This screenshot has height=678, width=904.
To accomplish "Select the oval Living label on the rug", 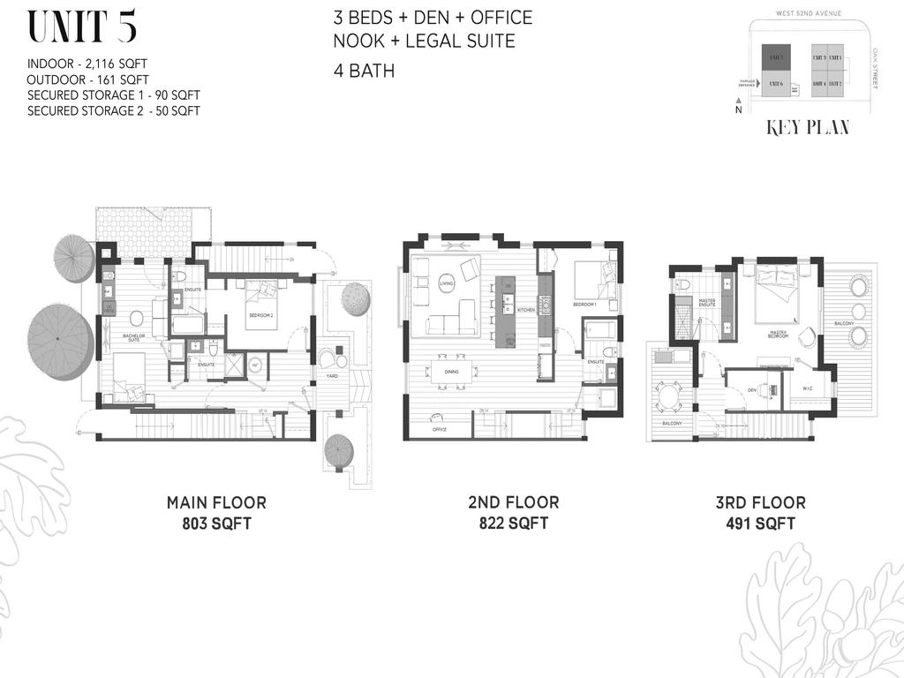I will pyautogui.click(x=447, y=282).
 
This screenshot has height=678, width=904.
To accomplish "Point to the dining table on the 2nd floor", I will pyautogui.click(x=451, y=372).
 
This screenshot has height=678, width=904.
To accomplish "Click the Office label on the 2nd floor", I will pyautogui.click(x=439, y=429).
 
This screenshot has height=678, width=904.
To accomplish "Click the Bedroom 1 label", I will pyautogui.click(x=584, y=305).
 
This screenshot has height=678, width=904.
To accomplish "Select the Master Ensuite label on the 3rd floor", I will pyautogui.click(x=707, y=302).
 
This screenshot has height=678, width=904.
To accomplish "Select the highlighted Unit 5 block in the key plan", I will pyautogui.click(x=776, y=58).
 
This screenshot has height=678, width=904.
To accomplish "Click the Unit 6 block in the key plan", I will pyautogui.click(x=776, y=85).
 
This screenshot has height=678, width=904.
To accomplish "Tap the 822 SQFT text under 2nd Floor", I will pyautogui.click(x=513, y=524).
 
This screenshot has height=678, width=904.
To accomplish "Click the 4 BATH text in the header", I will pyautogui.click(x=364, y=71).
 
